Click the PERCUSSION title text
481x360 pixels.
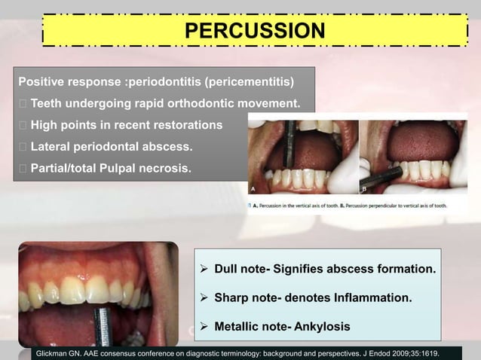pyautogui.click(x=255, y=31)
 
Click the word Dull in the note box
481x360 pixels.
pyautogui.click(x=228, y=269)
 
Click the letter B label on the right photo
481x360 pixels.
pyautogui.click(x=363, y=191)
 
